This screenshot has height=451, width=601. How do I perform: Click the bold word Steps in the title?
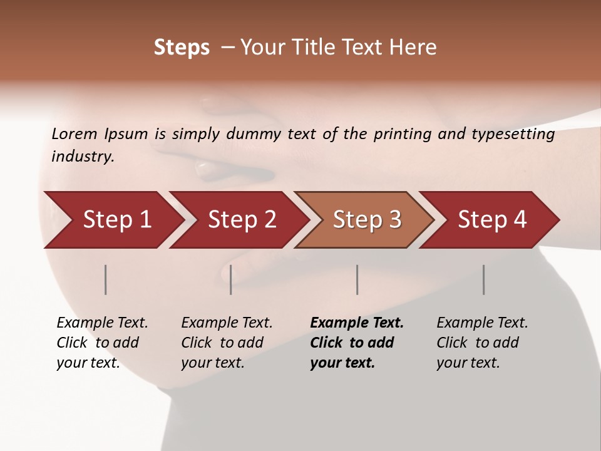pos(182,48)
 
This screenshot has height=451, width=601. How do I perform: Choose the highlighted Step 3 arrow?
pos(367,220)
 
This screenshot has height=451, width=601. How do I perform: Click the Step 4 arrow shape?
pos(492,220)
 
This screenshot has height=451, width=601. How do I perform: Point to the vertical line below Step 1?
pos(106,279)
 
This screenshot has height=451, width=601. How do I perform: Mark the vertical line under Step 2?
pos(231,279)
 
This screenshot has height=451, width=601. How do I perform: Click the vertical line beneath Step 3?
pos(357,279)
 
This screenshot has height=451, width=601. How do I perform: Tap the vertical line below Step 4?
pos(484,279)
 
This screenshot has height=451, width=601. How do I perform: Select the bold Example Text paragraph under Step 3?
pos(357,343)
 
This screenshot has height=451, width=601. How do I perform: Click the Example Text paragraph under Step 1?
pos(102,343)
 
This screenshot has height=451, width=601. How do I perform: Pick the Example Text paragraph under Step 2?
pos(227,343)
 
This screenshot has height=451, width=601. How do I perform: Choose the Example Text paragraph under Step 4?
pos(482,343)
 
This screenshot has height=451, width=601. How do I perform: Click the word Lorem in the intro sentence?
pos(74,133)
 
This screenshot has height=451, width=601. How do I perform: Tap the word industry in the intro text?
pos(83,156)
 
